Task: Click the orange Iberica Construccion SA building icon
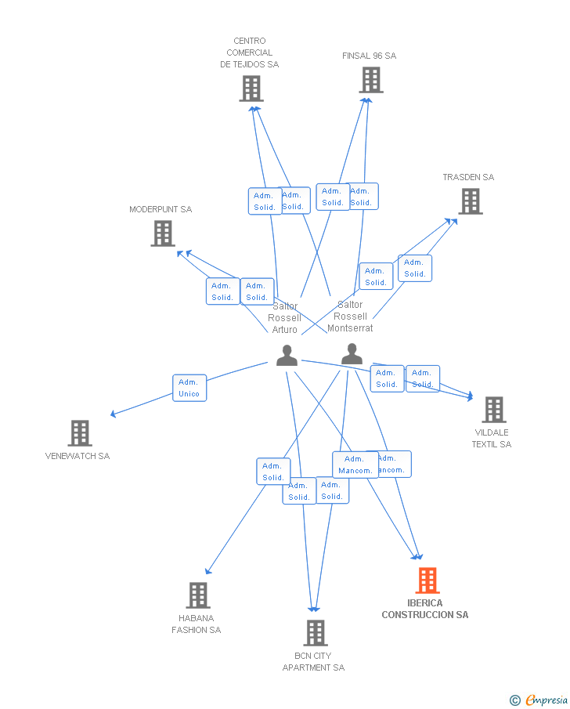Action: pos(427,581)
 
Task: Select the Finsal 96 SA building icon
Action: pos(371,80)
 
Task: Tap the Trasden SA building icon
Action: pos(470,201)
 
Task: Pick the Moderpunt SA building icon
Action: pos(163,233)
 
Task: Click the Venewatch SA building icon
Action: pos(79,433)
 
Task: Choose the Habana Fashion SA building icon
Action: pos(198,595)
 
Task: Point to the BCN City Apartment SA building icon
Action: pos(315,632)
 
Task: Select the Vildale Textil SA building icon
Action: pos(493,409)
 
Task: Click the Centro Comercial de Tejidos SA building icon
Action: pos(251,89)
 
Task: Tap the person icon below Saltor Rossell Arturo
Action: pos(287,356)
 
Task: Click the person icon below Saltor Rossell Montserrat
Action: pos(352,355)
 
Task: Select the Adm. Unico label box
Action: pos(189,388)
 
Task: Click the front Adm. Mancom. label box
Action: pos(355,465)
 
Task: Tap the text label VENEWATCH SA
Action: pos(78,456)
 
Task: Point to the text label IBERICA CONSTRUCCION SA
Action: pos(425,609)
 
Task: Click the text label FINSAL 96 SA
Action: pos(369,56)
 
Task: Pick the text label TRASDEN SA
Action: pos(468,177)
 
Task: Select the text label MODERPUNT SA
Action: pos(161,209)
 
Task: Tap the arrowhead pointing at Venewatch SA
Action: pos(114,414)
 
